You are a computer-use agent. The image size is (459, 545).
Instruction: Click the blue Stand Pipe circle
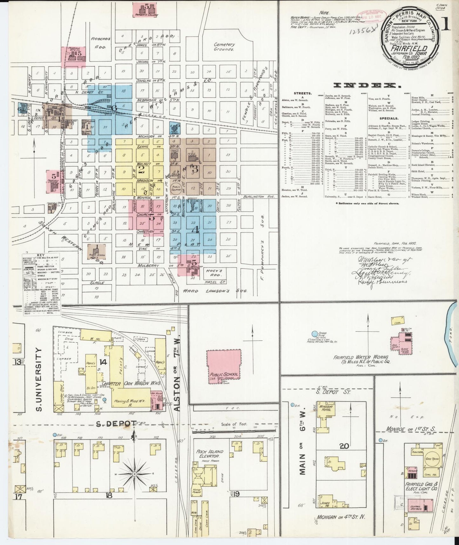tap(314, 334)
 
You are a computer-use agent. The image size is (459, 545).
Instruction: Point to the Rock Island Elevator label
tap(210, 453)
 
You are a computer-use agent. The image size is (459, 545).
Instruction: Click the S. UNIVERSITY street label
tap(39, 379)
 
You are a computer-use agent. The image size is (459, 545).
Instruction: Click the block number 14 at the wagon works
tap(103, 362)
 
